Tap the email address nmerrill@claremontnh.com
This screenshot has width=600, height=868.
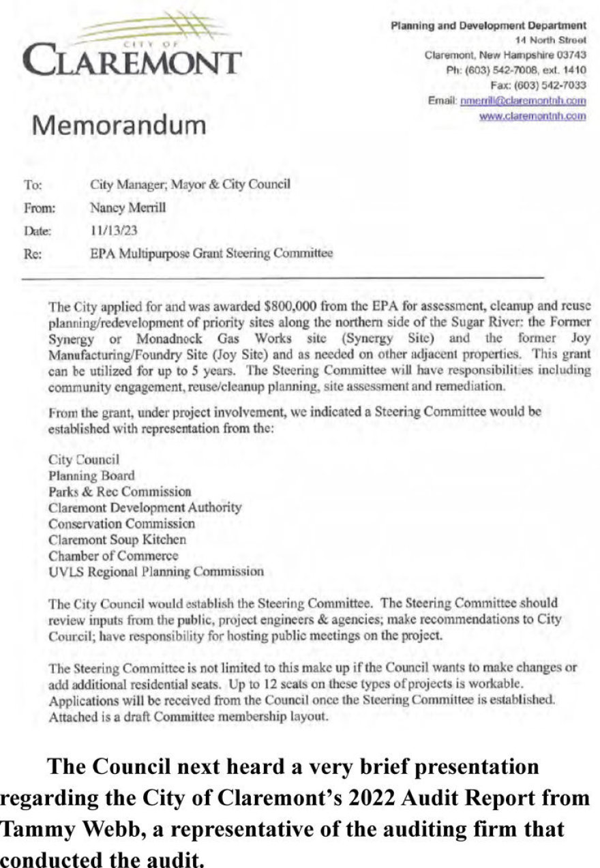pyautogui.click(x=523, y=100)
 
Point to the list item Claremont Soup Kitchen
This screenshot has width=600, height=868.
pyautogui.click(x=117, y=539)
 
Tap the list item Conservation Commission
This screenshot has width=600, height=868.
pyautogui.click(x=121, y=524)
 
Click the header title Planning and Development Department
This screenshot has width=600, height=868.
pyautogui.click(x=488, y=26)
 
